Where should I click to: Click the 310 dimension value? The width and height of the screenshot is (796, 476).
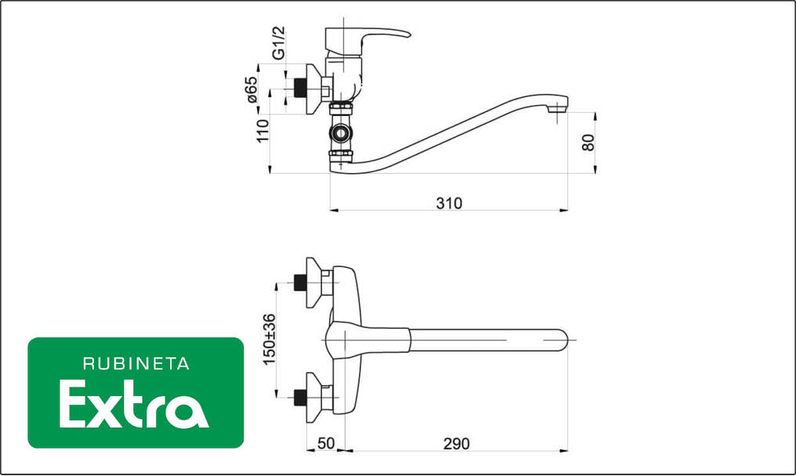449,204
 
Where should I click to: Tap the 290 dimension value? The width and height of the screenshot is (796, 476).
457,444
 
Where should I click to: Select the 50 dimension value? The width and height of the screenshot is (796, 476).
326,444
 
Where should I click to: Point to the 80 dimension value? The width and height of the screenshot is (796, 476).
588,142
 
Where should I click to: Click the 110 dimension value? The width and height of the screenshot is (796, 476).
262,131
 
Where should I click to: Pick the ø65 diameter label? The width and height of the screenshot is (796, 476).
252,90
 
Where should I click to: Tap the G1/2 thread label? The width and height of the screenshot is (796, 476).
279,43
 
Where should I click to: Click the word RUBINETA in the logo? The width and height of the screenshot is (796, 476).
136,364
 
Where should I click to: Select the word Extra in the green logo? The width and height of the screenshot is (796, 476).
134,405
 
